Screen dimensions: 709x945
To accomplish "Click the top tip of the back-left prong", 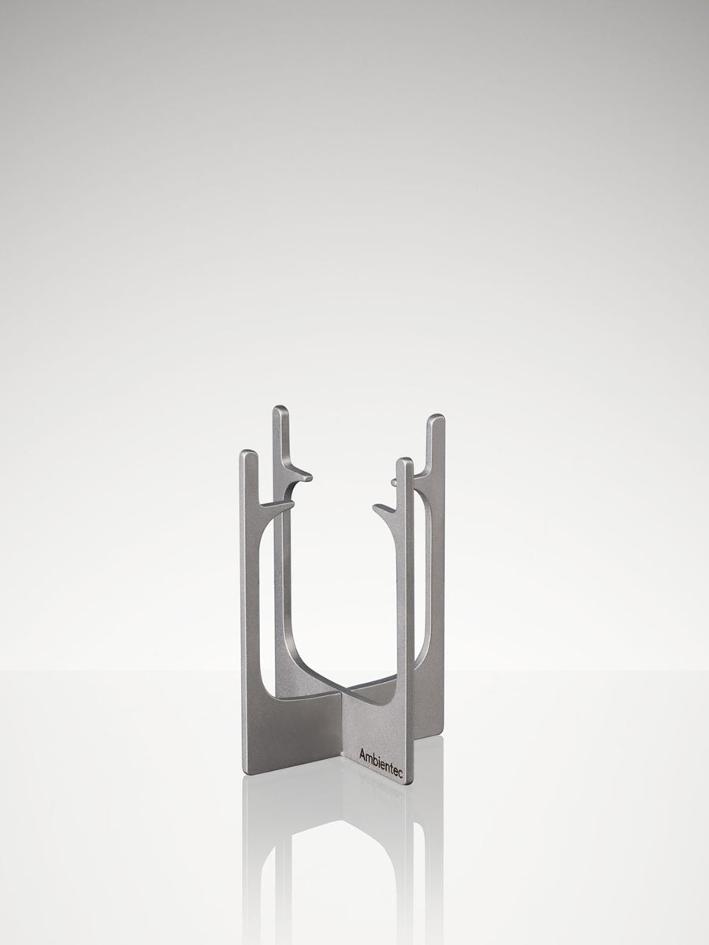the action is pyautogui.click(x=281, y=406).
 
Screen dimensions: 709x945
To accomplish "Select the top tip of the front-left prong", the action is pyautogui.click(x=248, y=450).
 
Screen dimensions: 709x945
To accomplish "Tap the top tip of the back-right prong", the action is pyautogui.click(x=436, y=415).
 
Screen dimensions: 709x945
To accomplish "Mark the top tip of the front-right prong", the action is pyautogui.click(x=405, y=459).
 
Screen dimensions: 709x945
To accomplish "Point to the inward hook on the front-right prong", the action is pyautogui.click(x=385, y=510).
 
